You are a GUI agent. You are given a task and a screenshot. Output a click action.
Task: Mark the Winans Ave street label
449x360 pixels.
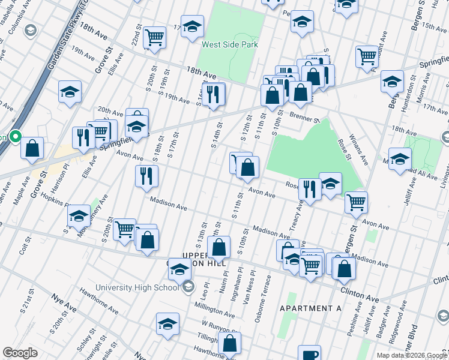pyautogui.click(x=361, y=150)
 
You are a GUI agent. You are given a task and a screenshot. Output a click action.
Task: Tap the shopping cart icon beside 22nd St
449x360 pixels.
pyautogui.click(x=155, y=37)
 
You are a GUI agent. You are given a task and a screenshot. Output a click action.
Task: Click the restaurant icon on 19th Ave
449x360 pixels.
pyautogui.click(x=213, y=94)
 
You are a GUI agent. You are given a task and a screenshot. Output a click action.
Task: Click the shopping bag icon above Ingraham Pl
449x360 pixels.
pyautogui.click(x=219, y=247)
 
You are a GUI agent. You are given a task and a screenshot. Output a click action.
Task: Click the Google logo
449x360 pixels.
pyautogui.click(x=20, y=353)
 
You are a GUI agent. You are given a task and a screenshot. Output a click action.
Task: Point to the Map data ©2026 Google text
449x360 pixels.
pyautogui.click(x=412, y=355)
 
